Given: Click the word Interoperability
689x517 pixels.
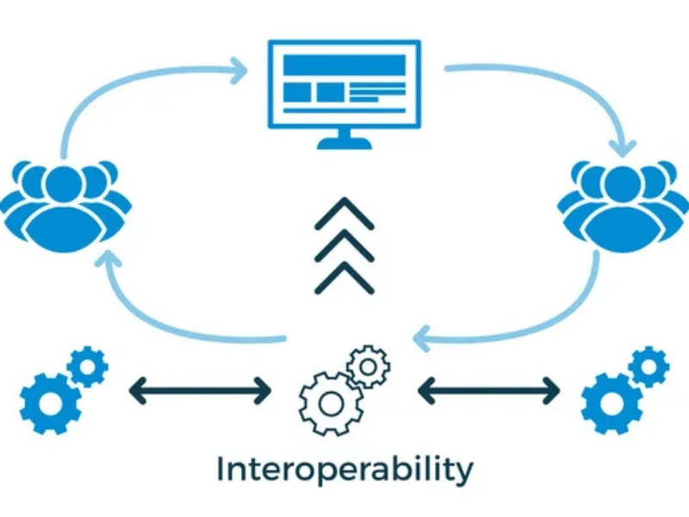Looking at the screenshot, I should [344, 470].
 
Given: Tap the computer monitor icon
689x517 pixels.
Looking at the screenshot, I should [344, 81].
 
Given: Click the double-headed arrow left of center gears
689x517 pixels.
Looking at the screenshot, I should [200, 393].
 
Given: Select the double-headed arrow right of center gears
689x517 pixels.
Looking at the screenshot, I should [488, 393].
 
